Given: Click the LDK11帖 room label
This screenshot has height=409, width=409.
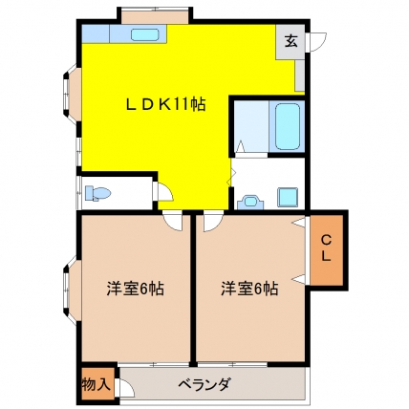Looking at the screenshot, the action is click(165, 104).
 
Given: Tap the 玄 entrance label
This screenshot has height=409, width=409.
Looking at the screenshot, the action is click(291, 41).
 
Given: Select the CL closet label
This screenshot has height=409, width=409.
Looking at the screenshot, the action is click(325, 248).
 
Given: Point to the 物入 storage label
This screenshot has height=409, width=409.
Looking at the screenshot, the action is click(97, 384).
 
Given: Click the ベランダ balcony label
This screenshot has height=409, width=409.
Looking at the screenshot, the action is click(204, 384).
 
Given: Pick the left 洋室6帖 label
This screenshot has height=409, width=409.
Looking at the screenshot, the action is click(136, 289).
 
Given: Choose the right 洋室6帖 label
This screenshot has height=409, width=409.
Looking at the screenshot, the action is click(249, 289).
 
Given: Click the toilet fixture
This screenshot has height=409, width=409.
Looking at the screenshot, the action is click(97, 193).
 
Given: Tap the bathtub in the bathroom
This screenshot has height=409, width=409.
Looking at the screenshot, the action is click(288, 126).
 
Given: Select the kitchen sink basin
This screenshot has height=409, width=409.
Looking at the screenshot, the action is click(145, 34).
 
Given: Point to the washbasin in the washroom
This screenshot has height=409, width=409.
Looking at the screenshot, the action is click(250, 202).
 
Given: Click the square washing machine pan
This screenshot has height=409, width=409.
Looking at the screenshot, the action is click(288, 197).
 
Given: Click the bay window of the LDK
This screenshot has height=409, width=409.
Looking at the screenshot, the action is click(71, 95).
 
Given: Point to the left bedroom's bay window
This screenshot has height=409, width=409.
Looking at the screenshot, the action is click(71, 291).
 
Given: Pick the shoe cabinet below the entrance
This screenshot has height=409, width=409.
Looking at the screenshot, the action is click(300, 75).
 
